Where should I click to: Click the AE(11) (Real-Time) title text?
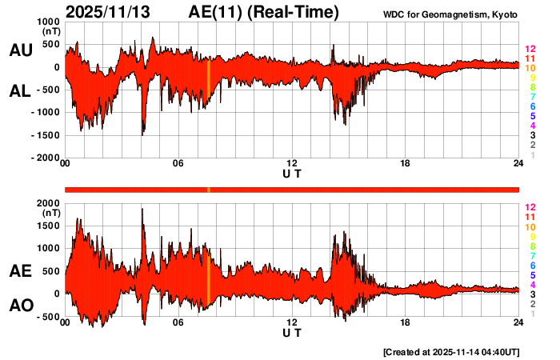263,13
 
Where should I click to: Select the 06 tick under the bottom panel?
178,322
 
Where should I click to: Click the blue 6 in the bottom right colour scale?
532,265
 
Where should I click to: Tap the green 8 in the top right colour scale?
532,87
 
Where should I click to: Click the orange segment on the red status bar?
208,189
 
